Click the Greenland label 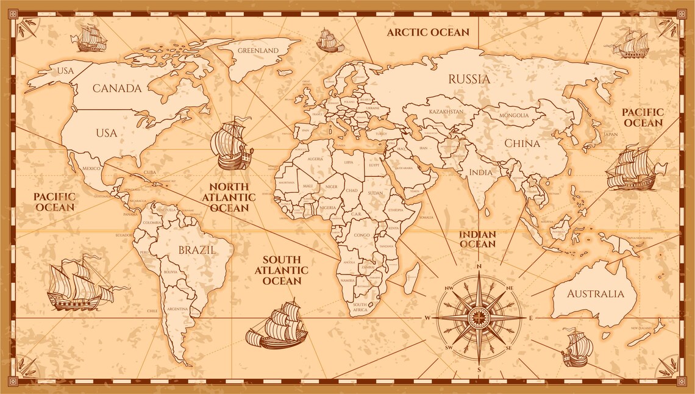pyautogui.click(x=258, y=51)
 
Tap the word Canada pyautogui.click(x=117, y=88)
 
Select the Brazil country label pyautogui.click(x=196, y=249)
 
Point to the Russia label pyautogui.click(x=469, y=79)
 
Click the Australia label pyautogui.click(x=596, y=294)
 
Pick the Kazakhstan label pyautogui.click(x=446, y=112)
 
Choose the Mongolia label pyautogui.click(x=514, y=115)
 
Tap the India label pyautogui.click(x=480, y=172)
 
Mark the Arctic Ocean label pyautogui.click(x=428, y=32)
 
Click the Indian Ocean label pyautogui.click(x=477, y=239)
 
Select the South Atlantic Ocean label pyautogui.click(x=282, y=270)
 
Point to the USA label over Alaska pyautogui.click(x=65, y=71)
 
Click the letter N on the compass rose pyautogui.click(x=479, y=267)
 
